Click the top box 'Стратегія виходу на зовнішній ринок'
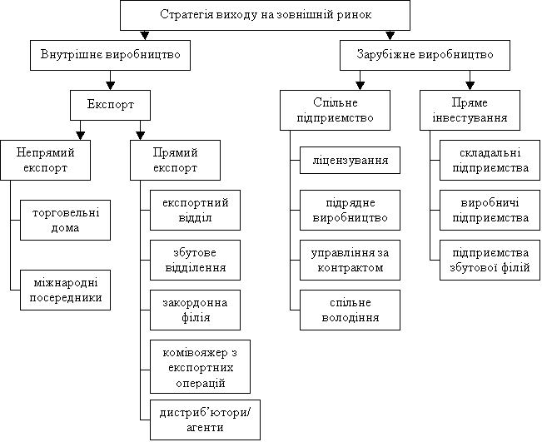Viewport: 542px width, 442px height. coord(265,15)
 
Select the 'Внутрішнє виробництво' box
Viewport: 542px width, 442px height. coord(110,55)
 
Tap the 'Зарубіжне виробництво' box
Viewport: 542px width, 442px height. coord(425,55)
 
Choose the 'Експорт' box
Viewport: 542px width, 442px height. coord(110,105)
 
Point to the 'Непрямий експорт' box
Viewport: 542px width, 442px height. coord(45,160)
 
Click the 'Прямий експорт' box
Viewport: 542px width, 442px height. coord(175,160)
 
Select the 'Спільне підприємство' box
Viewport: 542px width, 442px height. coord(335,110)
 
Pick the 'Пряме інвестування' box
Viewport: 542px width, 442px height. coord(470,110)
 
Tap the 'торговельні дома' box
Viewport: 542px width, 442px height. coord(65,220)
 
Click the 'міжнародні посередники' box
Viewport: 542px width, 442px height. coord(65,290)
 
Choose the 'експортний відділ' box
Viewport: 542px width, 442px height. coord(196,210)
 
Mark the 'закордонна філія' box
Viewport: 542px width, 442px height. coord(196,310)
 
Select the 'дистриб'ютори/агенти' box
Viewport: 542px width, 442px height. coord(206,420)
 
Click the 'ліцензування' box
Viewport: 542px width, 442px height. coord(351,160)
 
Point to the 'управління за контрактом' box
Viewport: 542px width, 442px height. coord(351,260)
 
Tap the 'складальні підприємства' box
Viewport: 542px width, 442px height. coord(490,160)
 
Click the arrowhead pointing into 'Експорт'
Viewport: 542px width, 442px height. coord(110,86)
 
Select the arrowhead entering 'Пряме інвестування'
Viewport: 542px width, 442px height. coord(470,86)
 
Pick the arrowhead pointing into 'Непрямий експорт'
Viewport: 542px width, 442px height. coord(81,136)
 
